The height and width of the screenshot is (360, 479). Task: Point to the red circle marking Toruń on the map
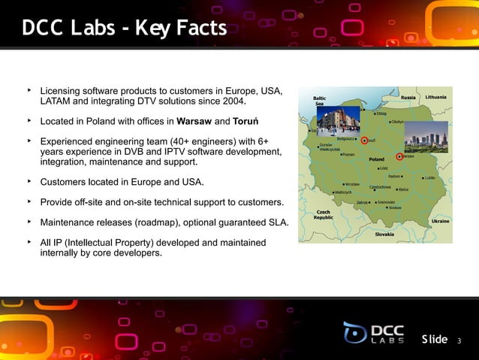click(x=364, y=141)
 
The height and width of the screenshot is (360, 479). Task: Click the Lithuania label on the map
click(x=435, y=98)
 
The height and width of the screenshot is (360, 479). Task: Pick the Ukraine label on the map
click(x=441, y=222)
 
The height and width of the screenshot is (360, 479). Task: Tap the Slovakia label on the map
click(x=388, y=234)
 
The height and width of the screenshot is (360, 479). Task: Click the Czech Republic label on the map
click(x=324, y=215)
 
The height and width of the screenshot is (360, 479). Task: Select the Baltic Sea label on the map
click(x=319, y=101)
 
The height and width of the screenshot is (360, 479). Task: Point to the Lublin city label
click(x=430, y=179)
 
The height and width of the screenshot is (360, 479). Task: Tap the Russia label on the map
click(x=408, y=98)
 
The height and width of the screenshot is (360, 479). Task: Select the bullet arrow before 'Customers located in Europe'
click(x=29, y=181)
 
